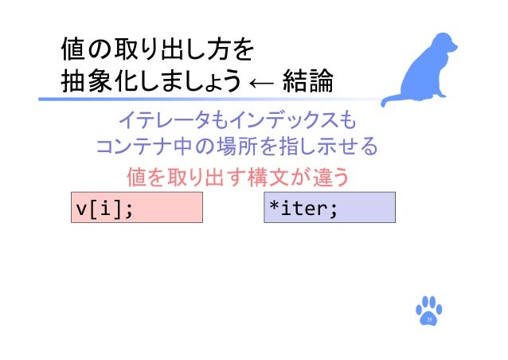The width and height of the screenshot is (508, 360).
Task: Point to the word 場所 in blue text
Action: [x=236, y=148]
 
